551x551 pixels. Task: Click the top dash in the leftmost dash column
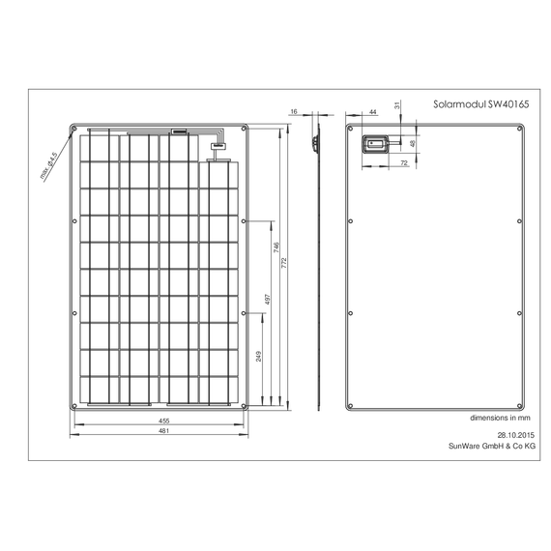143,146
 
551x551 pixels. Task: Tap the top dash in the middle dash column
181,146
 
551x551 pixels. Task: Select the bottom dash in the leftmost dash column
143,391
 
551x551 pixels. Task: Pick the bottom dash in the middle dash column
181,391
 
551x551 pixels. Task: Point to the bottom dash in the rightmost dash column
219,391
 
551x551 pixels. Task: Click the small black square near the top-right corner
530,120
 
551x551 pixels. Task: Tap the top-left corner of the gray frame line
27,92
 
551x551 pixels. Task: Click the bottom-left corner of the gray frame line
27,463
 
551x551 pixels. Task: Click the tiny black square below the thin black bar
259,305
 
